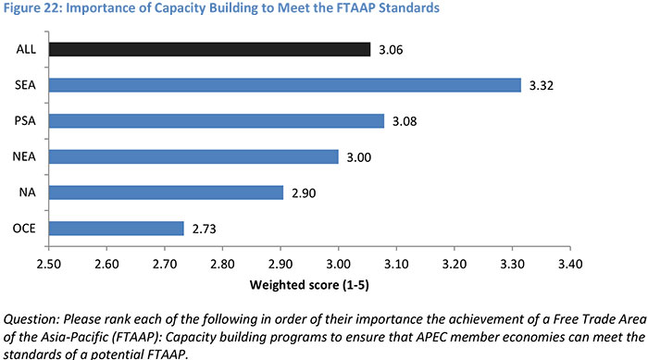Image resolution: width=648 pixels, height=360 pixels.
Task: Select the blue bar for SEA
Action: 285,85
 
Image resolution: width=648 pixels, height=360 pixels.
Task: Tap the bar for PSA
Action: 216,120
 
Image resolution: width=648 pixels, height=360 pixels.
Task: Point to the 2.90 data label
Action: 302,192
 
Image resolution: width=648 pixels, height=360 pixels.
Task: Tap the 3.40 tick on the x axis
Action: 569,263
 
